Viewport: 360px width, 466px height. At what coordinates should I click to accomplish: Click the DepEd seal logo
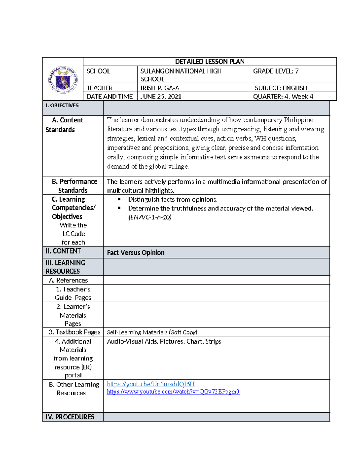63,80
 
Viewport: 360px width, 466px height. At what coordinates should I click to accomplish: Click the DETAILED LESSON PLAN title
210,62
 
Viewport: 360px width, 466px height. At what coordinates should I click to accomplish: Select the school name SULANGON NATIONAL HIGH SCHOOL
181,75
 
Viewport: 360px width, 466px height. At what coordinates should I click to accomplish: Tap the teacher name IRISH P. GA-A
160,88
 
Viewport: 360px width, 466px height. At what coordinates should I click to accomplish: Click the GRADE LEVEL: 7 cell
276,71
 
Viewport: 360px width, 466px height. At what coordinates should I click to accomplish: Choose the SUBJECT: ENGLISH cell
281,88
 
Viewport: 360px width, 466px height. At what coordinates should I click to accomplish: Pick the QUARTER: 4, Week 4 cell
283,96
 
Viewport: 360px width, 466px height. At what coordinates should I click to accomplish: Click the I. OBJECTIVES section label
62,105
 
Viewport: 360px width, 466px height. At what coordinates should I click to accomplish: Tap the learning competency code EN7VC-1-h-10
150,217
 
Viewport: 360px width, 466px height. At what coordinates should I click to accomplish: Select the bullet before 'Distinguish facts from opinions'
119,199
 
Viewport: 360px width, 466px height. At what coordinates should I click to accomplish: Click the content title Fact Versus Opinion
136,253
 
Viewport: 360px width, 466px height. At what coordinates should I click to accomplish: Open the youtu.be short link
151,384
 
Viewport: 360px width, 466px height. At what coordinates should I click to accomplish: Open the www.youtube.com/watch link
173,392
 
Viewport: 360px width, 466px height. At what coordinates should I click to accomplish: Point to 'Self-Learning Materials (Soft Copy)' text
152,332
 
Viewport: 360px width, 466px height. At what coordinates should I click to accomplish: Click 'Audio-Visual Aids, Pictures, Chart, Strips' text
164,341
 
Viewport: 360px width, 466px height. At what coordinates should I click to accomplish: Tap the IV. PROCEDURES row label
70,417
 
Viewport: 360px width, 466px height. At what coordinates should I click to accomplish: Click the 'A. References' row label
68,280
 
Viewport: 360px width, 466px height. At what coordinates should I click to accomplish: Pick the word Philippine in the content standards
298,120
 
